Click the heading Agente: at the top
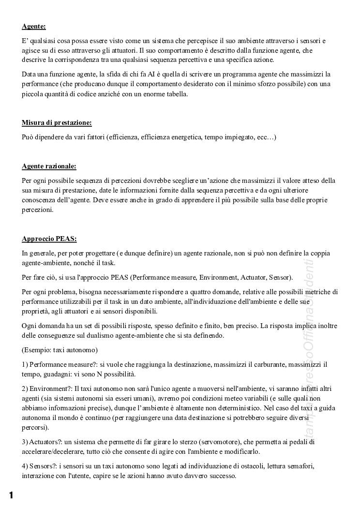click(34, 27)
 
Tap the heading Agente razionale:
click(49, 166)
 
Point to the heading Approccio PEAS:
click(49, 239)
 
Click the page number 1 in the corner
click(11, 494)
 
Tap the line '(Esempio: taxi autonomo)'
click(60, 349)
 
